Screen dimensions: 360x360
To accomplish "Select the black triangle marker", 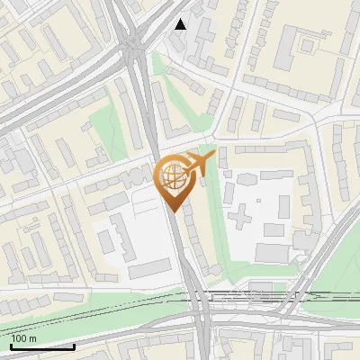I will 181,24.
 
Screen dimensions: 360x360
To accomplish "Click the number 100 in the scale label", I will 19,338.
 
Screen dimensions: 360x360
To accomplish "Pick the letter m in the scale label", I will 33,338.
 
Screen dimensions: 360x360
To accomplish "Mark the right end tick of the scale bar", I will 75,346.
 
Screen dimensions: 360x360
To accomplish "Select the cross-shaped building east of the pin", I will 241,215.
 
